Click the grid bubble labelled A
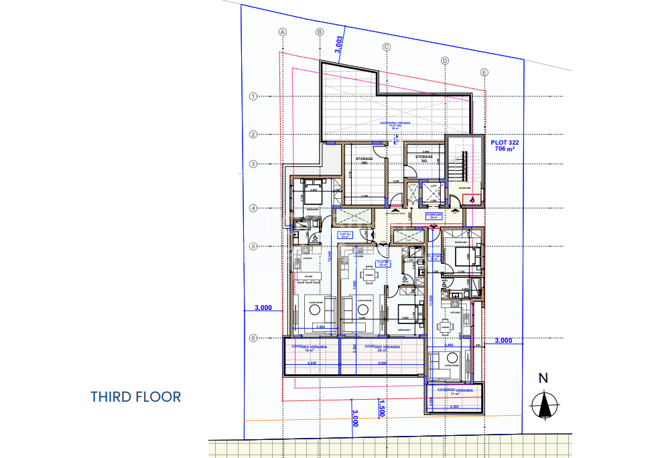click(283, 31)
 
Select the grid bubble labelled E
click(484, 72)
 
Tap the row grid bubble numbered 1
click(253, 96)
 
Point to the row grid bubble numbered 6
click(253, 338)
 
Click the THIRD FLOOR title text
click(136, 396)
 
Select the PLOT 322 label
click(505, 143)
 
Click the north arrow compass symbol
click(545, 404)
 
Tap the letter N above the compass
click(544, 378)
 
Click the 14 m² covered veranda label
click(310, 348)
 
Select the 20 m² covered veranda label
click(382, 348)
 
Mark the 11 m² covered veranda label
click(456, 391)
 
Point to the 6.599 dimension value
click(383, 363)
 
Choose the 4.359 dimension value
click(455, 406)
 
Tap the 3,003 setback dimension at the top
click(339, 44)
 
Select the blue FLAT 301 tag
click(344, 235)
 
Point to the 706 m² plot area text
click(505, 151)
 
